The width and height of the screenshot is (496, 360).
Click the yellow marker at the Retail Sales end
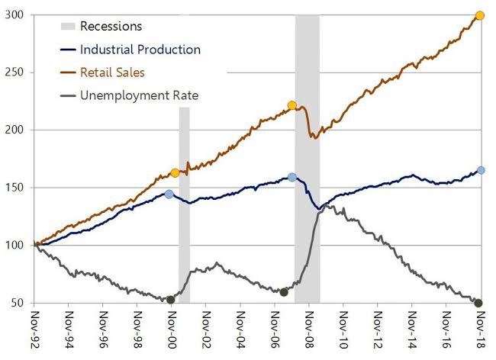click(480, 15)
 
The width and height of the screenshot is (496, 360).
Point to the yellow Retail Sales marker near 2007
click(292, 105)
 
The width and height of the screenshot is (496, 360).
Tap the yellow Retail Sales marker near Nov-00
click(175, 173)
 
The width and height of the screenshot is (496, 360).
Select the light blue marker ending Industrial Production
click(481, 170)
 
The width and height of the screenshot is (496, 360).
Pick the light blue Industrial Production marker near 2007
click(292, 177)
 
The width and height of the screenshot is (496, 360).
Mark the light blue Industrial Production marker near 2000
click(169, 194)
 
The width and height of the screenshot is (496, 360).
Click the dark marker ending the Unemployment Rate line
click(478, 304)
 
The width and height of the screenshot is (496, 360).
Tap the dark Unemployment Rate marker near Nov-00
click(171, 299)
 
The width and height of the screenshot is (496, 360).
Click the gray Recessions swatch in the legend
click(69, 27)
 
